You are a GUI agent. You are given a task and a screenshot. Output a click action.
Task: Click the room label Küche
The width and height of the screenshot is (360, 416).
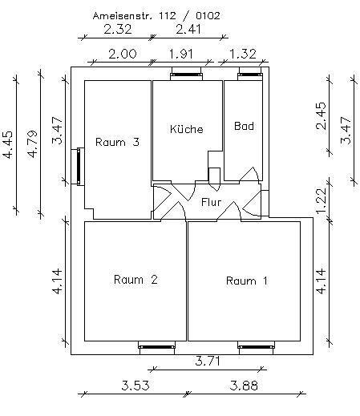187,129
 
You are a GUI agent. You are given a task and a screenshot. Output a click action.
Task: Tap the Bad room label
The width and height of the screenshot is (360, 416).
244,126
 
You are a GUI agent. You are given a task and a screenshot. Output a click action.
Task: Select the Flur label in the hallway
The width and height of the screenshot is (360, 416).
211,202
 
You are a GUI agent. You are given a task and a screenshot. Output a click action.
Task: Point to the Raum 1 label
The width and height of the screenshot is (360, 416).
246,281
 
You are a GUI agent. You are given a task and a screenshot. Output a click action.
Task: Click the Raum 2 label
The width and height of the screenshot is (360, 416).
136,280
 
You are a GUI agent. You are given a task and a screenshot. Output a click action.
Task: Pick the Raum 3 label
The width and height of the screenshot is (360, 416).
117,142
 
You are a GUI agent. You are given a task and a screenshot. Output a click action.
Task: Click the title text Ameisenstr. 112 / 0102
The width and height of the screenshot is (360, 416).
156,16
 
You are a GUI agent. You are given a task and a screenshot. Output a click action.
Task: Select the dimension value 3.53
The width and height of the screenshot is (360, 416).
136,386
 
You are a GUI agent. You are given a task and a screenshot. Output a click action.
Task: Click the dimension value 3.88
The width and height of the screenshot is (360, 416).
244,386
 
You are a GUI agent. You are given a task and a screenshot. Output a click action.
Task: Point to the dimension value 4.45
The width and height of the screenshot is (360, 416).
7,144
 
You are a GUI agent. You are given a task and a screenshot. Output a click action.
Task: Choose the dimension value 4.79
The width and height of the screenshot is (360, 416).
32,144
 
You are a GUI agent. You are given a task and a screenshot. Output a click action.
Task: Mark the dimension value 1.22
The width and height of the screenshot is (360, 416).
321,201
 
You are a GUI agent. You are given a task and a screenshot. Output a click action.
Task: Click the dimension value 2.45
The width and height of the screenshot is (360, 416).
321,115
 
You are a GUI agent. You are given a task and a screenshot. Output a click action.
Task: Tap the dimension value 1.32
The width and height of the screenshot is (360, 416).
243,54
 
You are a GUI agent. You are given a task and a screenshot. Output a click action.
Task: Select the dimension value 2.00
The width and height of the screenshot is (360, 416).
123,54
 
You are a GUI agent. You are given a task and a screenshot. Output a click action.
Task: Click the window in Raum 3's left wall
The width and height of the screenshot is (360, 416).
79,166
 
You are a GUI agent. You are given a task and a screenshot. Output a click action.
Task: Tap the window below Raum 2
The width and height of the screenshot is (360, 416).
157,347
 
